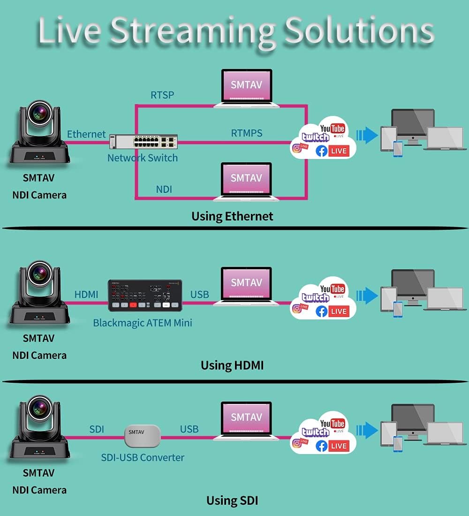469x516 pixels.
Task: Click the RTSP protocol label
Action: [162, 95]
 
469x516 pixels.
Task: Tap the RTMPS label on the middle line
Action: [247, 133]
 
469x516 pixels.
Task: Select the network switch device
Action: [144, 141]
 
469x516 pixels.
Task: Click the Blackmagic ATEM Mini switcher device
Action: [145, 296]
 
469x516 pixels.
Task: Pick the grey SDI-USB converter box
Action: [143, 436]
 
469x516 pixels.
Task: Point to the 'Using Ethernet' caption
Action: [232, 216]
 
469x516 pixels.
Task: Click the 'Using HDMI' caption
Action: [232, 365]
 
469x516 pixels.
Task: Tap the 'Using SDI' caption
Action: [232, 501]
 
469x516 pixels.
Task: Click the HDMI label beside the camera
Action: [86, 295]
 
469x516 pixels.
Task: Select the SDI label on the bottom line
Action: [97, 429]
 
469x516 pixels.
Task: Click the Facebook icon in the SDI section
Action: [322, 446]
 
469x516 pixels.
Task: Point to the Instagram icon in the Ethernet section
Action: [297, 148]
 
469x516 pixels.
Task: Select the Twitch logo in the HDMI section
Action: [315, 297]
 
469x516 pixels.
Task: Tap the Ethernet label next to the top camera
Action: [86, 134]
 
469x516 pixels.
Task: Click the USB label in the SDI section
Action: [189, 429]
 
